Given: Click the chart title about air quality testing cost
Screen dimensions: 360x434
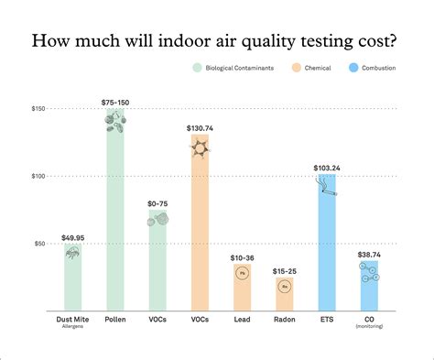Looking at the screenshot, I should pos(216,41).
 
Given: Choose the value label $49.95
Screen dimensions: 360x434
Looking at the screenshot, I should pos(74,237).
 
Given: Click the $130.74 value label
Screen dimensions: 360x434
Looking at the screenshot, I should pos(200,127).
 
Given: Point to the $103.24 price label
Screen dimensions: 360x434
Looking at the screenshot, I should pos(326,168).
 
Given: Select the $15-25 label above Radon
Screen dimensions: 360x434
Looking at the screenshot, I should pos(284,272).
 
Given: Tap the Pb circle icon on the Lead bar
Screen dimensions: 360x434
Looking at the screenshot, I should pos(242,274).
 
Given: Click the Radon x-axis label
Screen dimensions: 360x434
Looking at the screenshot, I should pos(284,321).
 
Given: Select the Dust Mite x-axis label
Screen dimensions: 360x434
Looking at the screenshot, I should pos(74,321).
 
